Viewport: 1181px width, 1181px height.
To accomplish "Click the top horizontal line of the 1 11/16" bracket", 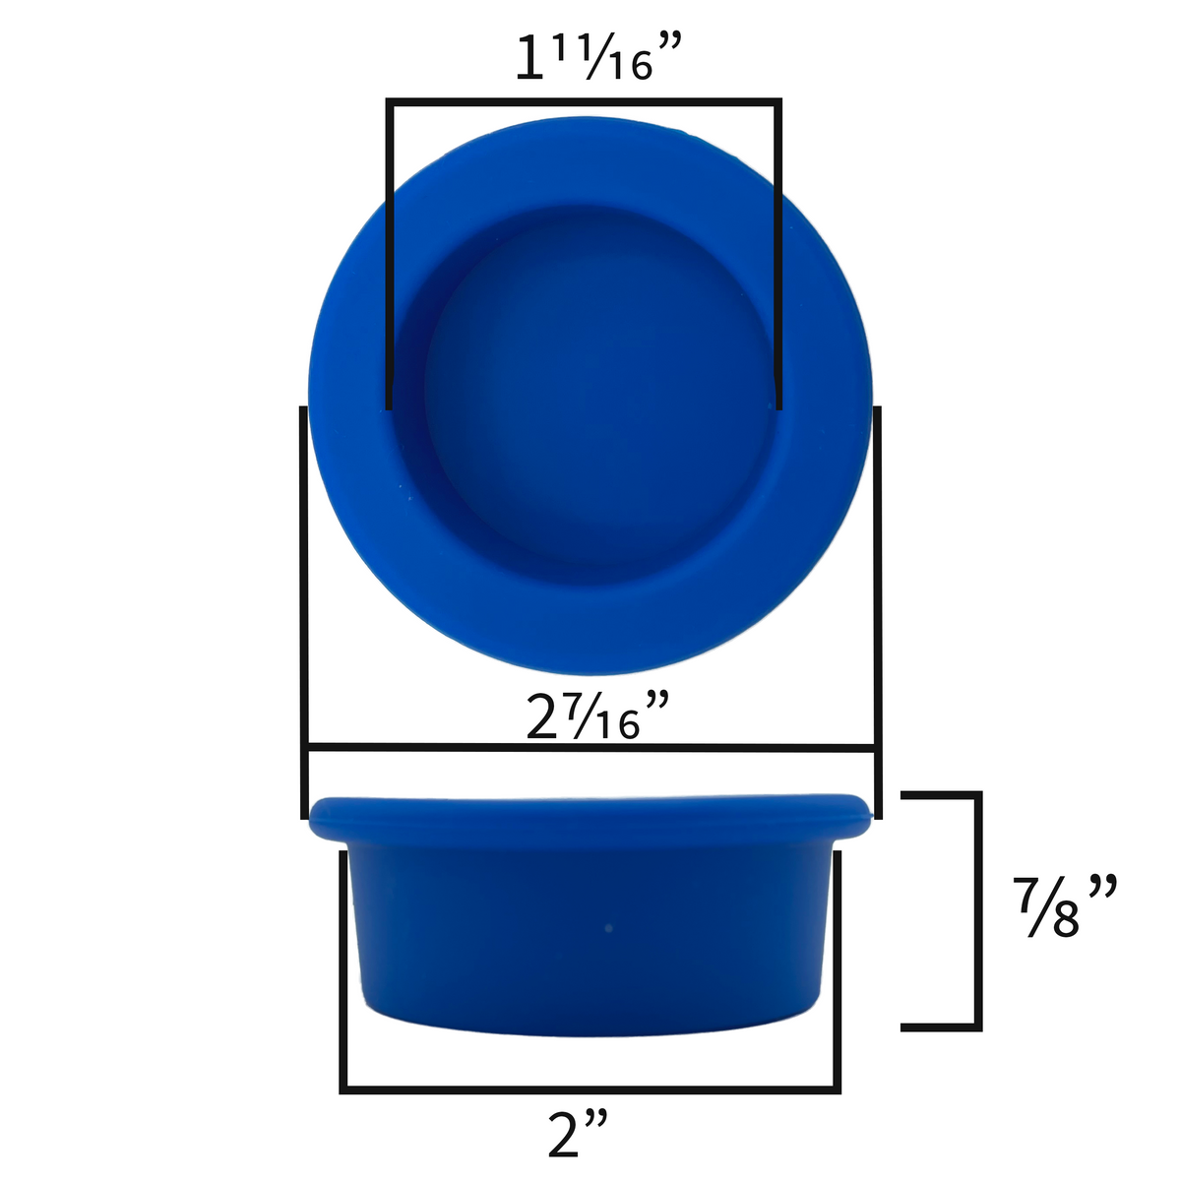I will click(585, 100).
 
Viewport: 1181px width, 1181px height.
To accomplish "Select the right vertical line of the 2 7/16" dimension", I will click(876, 610).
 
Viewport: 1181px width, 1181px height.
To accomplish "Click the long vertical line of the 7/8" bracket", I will click(977, 910).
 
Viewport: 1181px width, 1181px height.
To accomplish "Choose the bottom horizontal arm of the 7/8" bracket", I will click(940, 1027).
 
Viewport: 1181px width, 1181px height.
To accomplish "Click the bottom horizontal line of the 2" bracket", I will click(590, 1089).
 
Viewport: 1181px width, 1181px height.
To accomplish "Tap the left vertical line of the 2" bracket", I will click(343, 969).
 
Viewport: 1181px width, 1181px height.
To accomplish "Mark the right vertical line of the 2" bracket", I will click(838, 969).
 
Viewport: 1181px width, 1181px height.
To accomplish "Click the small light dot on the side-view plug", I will click(607, 927).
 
